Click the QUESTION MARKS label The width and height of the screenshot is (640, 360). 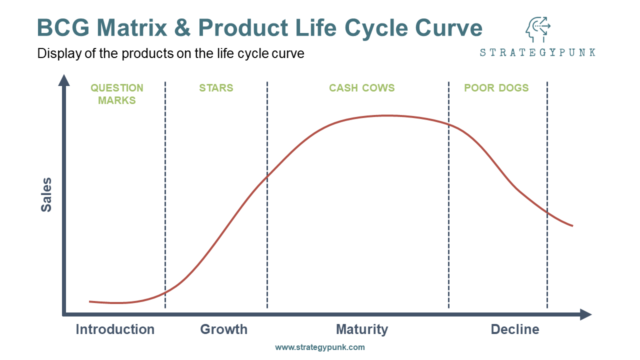[x=117, y=94]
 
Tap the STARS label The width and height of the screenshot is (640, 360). [x=216, y=88]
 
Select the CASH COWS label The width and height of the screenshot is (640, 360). [x=361, y=88]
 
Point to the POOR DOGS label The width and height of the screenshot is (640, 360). [x=496, y=88]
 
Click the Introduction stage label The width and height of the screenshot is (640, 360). [x=115, y=329]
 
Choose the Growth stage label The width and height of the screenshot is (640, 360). [x=223, y=329]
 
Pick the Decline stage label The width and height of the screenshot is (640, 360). [x=515, y=329]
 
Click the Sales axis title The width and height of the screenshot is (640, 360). [x=46, y=195]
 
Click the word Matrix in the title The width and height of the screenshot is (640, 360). [x=131, y=27]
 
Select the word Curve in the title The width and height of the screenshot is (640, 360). [x=448, y=27]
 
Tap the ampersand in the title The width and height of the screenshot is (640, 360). [x=182, y=27]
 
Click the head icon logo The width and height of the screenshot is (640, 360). [x=537, y=29]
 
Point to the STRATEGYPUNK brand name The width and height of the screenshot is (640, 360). [x=537, y=52]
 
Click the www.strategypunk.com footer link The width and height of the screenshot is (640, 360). [x=319, y=347]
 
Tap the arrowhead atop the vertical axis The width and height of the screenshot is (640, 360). [x=64, y=80]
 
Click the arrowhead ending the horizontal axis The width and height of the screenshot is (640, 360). [x=585, y=314]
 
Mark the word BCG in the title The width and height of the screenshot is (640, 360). [x=63, y=27]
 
